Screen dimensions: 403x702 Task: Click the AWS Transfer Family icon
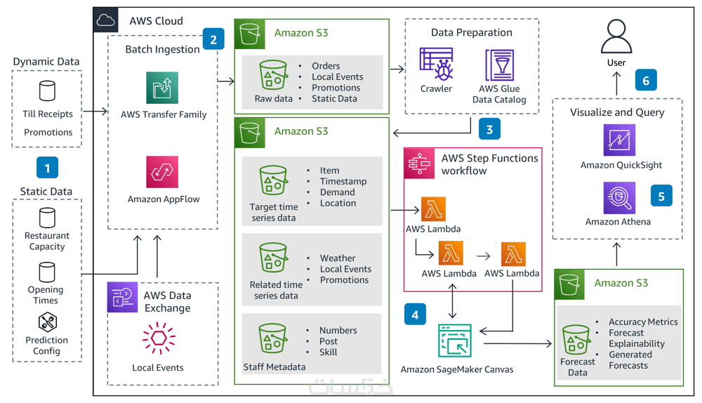click(162, 88)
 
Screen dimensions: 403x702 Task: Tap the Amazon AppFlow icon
click(162, 172)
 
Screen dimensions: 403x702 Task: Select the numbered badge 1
click(47, 169)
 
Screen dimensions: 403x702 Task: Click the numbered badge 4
click(415, 315)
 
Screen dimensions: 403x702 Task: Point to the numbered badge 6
click(646, 80)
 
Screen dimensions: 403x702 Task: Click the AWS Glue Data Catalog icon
click(499, 65)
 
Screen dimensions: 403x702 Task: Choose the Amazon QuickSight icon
click(619, 140)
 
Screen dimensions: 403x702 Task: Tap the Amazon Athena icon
click(619, 197)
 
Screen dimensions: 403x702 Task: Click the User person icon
click(616, 37)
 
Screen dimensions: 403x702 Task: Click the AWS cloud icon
click(106, 20)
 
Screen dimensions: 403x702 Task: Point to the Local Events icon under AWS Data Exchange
click(159, 339)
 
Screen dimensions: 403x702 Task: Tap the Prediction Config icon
click(47, 322)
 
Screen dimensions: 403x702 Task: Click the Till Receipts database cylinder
click(47, 91)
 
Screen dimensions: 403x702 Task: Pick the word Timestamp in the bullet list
click(343, 181)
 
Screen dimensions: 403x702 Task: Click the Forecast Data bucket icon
click(576, 339)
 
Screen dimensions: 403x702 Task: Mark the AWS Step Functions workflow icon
click(419, 164)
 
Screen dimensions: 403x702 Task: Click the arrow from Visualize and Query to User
click(616, 84)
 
